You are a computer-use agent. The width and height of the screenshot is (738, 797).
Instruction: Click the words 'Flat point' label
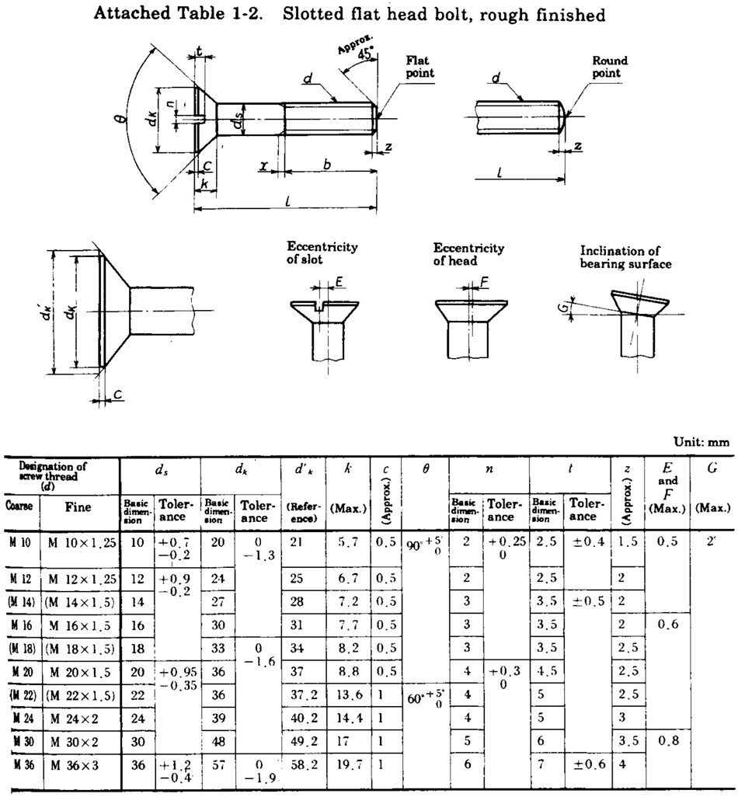[x=420, y=67]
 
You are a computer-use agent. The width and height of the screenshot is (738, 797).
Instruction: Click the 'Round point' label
[x=610, y=67]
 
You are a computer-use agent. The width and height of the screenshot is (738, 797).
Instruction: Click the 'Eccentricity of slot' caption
[x=322, y=253]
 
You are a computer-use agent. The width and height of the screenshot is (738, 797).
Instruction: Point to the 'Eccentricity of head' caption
[x=468, y=254]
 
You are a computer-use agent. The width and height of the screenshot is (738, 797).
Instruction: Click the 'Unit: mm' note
[x=701, y=442]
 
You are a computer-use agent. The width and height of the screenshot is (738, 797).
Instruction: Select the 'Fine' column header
[x=78, y=507]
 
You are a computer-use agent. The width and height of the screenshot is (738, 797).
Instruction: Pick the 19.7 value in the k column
[x=343, y=765]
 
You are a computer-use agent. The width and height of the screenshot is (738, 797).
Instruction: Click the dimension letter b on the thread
[x=327, y=165]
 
